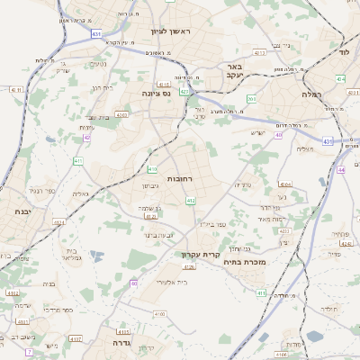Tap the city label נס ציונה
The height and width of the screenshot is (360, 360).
(157, 93)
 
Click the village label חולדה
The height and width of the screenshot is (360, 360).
(328, 309)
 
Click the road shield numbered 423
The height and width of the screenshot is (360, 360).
(184, 91)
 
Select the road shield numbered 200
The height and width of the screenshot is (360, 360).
(252, 99)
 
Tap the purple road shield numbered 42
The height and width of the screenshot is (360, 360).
(86, 138)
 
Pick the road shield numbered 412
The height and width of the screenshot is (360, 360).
(191, 201)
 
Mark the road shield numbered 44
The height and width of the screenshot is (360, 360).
(340, 169)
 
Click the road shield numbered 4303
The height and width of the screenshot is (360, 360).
(121, 114)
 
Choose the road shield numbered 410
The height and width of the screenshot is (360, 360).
(152, 169)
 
